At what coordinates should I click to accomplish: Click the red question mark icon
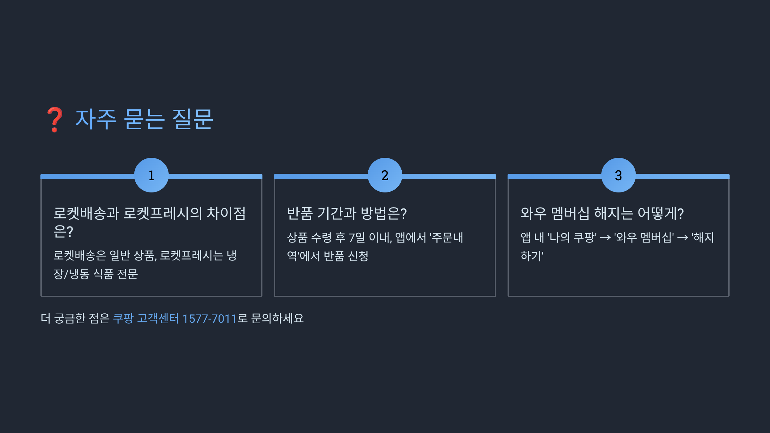coord(55,119)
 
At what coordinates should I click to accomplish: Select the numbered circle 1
coord(151,175)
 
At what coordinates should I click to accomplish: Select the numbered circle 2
coord(385,175)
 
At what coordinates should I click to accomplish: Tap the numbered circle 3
coord(619,175)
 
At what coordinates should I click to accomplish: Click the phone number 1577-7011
coord(209,318)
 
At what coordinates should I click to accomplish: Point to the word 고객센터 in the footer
coord(158,318)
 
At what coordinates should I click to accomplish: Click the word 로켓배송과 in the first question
coord(86,214)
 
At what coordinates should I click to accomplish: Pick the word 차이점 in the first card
coord(226,214)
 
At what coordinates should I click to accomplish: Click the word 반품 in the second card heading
coord(300,214)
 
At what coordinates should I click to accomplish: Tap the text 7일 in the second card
coord(357,238)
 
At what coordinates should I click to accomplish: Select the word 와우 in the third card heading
coord(533,214)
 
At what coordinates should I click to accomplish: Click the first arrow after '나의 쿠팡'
coord(605,238)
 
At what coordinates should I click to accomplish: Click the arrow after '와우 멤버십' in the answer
coord(682,238)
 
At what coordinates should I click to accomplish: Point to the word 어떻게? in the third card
coord(661,214)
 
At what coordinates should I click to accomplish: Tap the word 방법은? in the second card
coord(384,214)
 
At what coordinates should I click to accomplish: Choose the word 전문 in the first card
coord(127,274)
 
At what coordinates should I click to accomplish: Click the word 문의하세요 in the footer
coord(277,318)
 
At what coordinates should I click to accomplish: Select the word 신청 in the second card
coord(358,256)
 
